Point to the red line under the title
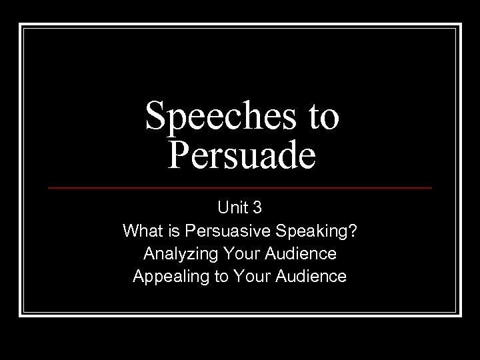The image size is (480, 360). (240, 188)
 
